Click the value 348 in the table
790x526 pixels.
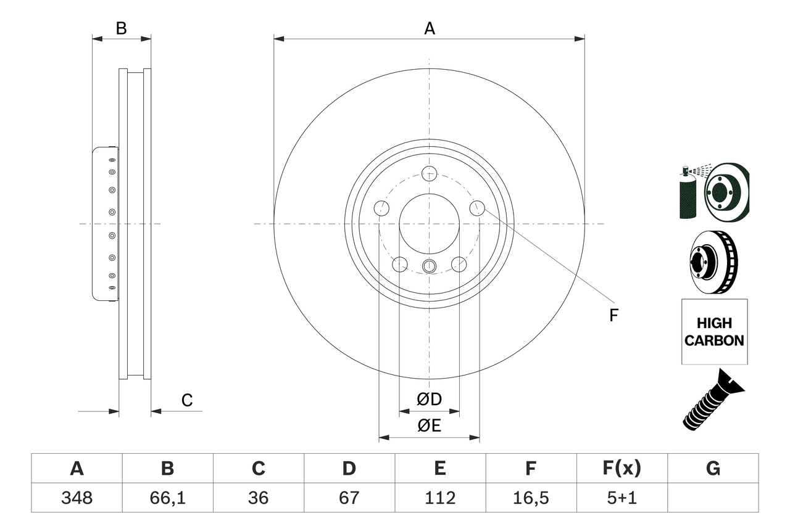(x=77, y=498)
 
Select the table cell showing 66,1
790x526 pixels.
(x=167, y=498)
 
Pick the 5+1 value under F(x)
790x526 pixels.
(x=622, y=498)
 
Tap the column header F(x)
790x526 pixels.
(x=622, y=469)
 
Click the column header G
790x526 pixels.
(x=713, y=469)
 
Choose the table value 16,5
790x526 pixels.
(x=530, y=498)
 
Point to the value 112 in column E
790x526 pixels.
(x=439, y=498)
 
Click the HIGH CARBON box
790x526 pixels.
(x=714, y=332)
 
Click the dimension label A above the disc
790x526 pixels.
(x=429, y=28)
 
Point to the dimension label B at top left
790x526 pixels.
(x=122, y=28)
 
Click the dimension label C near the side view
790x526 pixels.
(x=187, y=400)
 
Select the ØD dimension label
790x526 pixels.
(x=430, y=400)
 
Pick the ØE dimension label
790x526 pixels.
(x=430, y=426)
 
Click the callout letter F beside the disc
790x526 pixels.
(x=613, y=316)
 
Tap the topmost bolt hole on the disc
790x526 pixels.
(x=429, y=173)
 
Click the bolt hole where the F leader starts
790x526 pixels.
(x=477, y=208)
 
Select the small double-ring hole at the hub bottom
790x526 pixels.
(x=429, y=266)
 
